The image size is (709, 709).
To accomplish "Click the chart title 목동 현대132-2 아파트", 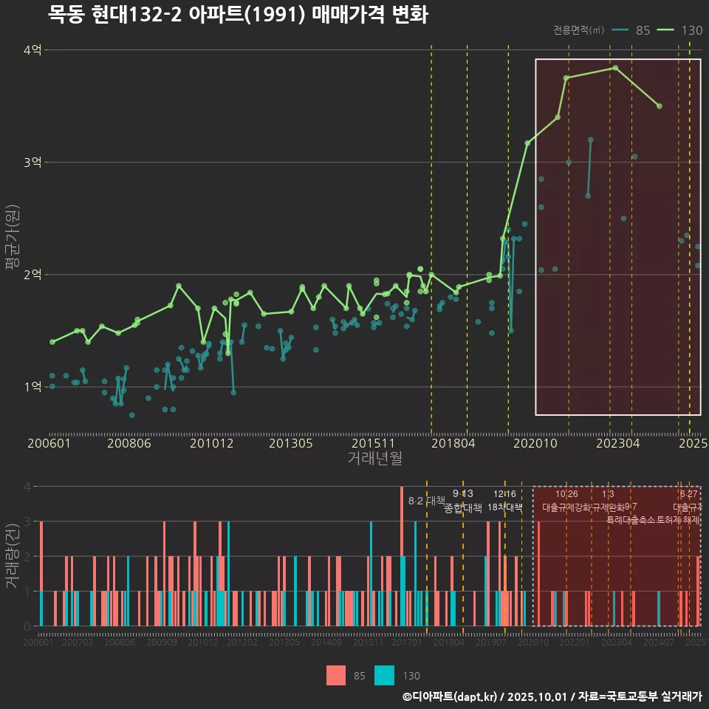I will tap(238, 14).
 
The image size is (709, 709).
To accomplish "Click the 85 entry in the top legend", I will tap(643, 30).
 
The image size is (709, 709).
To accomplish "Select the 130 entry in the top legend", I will tap(692, 30).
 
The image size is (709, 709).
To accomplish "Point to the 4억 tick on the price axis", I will tap(32, 50).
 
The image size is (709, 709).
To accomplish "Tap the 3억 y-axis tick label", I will tap(32, 162).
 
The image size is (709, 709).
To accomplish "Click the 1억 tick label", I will tap(32, 387).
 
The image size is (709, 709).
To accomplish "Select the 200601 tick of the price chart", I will tap(49, 444).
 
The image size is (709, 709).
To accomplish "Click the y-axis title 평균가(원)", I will tap(12, 240).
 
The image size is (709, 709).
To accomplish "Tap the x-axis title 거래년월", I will tap(374, 459).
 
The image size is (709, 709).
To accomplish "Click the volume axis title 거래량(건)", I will tap(12, 556).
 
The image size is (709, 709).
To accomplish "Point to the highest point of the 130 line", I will tap(615, 68).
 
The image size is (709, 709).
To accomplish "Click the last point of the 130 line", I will tap(659, 106).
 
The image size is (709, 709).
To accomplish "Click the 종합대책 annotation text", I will tap(463, 508).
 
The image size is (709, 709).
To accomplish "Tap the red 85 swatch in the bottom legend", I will tap(336, 675).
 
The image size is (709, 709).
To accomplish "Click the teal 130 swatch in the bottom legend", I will tap(385, 675).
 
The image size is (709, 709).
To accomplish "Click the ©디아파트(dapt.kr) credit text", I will tap(451, 696).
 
